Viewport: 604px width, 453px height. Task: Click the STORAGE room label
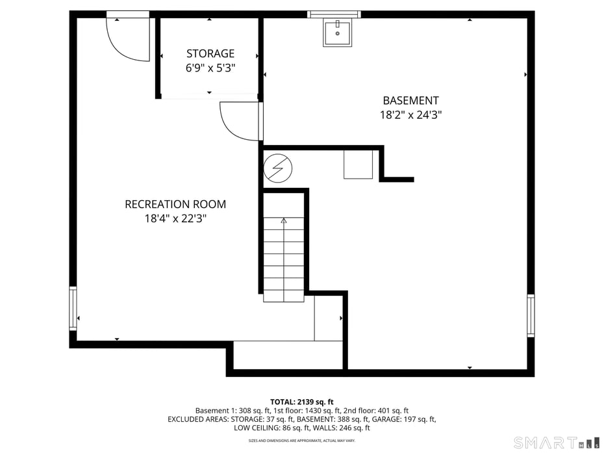click(x=210, y=53)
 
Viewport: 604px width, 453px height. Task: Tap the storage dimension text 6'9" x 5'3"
click(x=210, y=68)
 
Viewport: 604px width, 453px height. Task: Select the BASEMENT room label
click(x=410, y=101)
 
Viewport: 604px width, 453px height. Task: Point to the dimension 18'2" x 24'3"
click(x=410, y=115)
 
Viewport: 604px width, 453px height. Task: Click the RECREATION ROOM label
click(x=175, y=204)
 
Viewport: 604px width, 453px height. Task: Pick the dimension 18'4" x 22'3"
click(x=175, y=219)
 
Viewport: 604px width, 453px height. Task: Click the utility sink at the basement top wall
click(x=338, y=34)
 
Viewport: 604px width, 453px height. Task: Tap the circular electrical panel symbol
click(x=278, y=169)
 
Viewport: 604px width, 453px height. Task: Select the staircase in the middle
click(x=284, y=260)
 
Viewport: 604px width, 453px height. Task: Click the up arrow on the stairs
click(x=284, y=222)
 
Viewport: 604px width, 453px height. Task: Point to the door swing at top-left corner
click(x=128, y=39)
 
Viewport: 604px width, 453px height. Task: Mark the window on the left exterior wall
click(x=73, y=308)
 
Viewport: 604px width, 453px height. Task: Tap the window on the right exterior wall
click(x=531, y=316)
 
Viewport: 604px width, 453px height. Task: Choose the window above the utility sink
click(x=334, y=14)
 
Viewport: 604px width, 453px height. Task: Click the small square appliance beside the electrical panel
click(x=358, y=164)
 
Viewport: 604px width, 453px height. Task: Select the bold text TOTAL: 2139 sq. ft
click(x=302, y=402)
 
